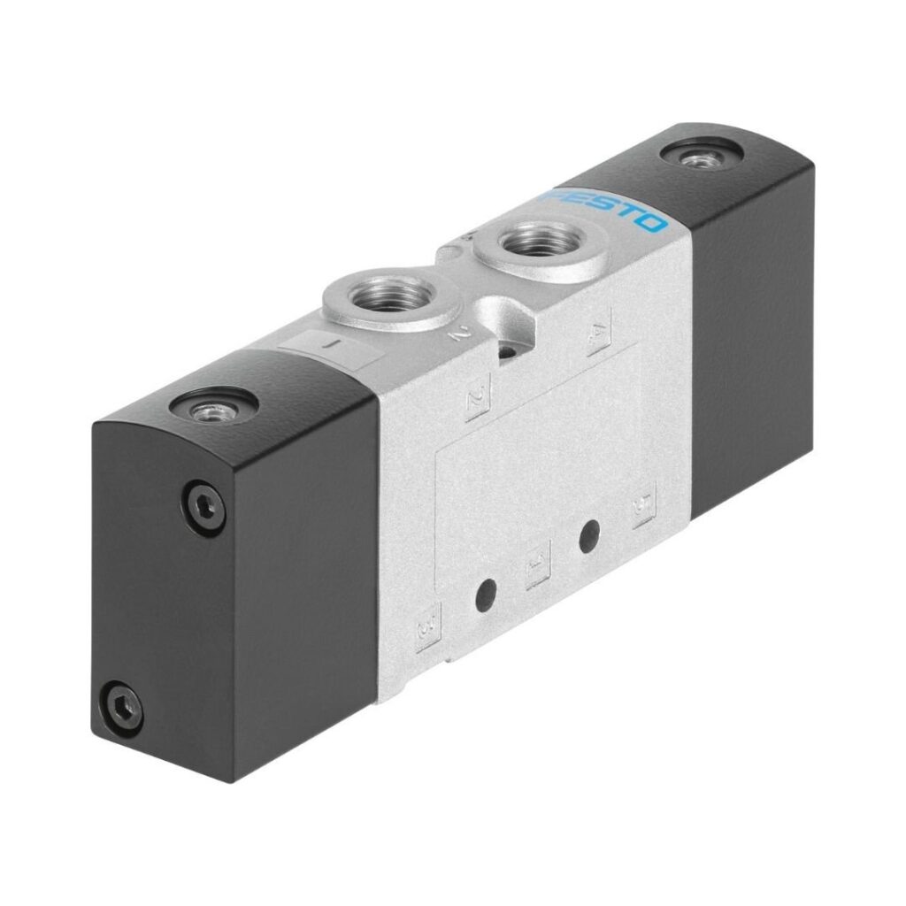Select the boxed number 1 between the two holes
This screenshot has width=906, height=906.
pos(536,568)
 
